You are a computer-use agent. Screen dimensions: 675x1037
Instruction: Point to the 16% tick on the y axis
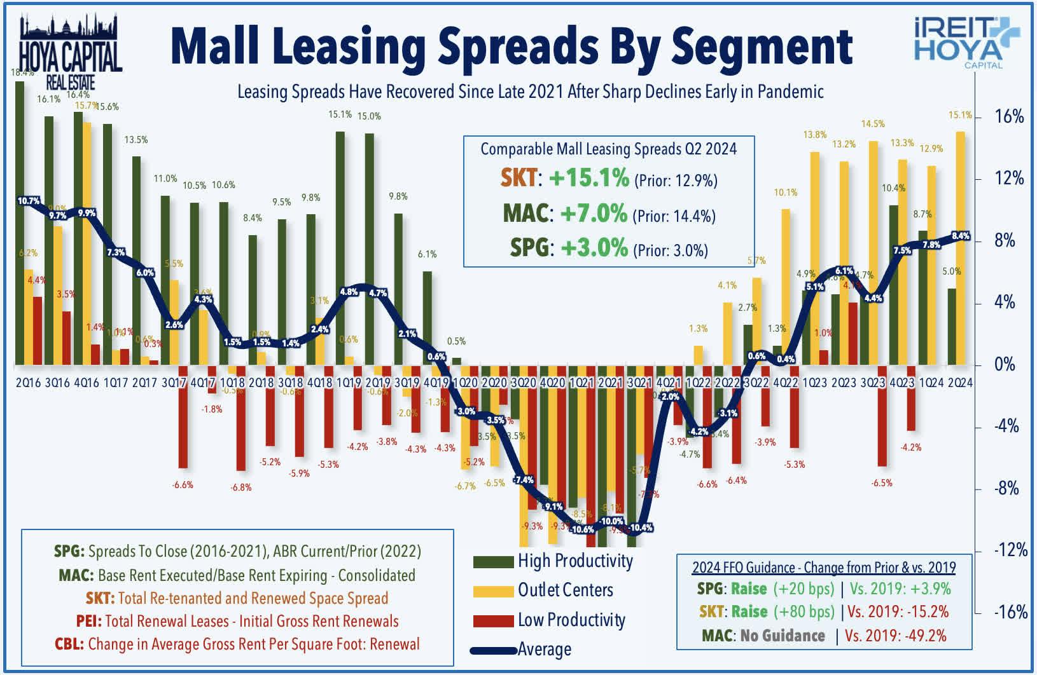pyautogui.click(x=1008, y=117)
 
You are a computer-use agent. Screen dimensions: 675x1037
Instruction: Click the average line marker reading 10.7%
pyautogui.click(x=29, y=201)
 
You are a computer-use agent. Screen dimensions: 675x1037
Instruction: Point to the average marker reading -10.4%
pyautogui.click(x=642, y=528)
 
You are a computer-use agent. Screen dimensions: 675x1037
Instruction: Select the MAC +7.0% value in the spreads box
pyautogui.click(x=593, y=214)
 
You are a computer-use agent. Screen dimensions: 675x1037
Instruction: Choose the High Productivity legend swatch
pyautogui.click(x=493, y=562)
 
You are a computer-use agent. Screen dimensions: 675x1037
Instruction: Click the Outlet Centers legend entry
pyautogui.click(x=565, y=590)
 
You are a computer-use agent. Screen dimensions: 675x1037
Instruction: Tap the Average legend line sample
pyautogui.click(x=493, y=650)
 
